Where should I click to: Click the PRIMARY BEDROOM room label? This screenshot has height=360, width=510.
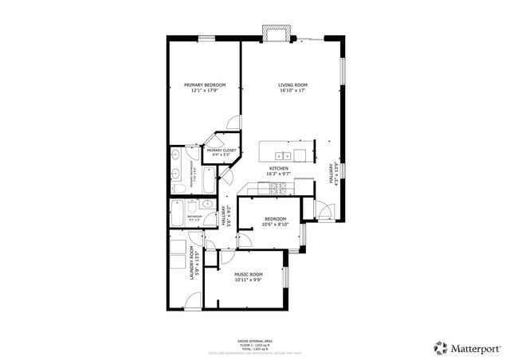pos(205,85)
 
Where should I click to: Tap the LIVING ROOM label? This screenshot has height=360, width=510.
pos(292,85)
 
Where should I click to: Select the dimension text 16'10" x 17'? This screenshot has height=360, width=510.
pos(292,91)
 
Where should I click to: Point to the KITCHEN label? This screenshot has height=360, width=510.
pos(277,169)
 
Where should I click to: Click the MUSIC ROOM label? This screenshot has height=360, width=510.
pos(249,275)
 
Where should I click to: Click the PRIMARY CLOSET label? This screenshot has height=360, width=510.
pos(222,150)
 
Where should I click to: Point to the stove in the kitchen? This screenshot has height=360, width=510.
pos(280,188)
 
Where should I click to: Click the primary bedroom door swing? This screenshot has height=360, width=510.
pos(233,123)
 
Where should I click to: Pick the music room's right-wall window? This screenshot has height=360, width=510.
pos(286,276)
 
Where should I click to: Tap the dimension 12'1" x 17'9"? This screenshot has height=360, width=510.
pos(205,91)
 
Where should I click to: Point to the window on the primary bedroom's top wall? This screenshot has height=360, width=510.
pos(206,37)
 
